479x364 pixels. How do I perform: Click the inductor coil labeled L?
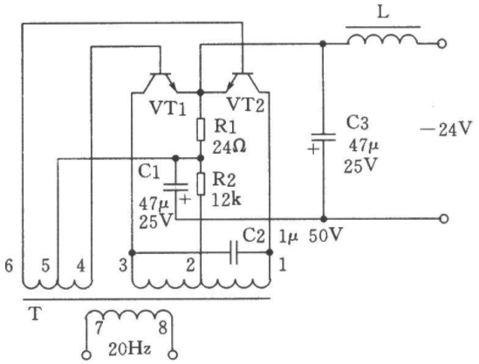(x=383, y=40)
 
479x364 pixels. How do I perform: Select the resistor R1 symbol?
(x=201, y=129)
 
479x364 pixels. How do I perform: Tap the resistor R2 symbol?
(x=201, y=183)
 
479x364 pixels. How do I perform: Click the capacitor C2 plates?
(x=234, y=252)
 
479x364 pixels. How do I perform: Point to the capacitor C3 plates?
(x=323, y=137)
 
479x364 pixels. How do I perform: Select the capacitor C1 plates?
(x=175, y=187)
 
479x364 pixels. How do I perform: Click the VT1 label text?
(x=168, y=108)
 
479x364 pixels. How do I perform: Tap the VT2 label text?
(x=246, y=105)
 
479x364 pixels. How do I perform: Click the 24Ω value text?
(x=229, y=148)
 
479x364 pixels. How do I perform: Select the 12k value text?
(x=226, y=200)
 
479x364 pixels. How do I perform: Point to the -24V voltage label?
(x=447, y=128)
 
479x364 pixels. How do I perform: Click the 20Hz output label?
(x=130, y=349)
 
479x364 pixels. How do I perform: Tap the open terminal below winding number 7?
(x=86, y=355)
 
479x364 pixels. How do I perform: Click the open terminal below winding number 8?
(x=174, y=355)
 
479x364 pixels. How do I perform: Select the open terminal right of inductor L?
(x=441, y=44)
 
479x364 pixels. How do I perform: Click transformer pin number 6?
(x=9, y=265)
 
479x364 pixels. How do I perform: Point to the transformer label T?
(x=36, y=313)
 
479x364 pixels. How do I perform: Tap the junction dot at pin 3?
(x=132, y=253)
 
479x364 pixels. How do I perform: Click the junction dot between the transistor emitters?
(x=201, y=92)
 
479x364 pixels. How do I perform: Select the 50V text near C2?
(x=325, y=235)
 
